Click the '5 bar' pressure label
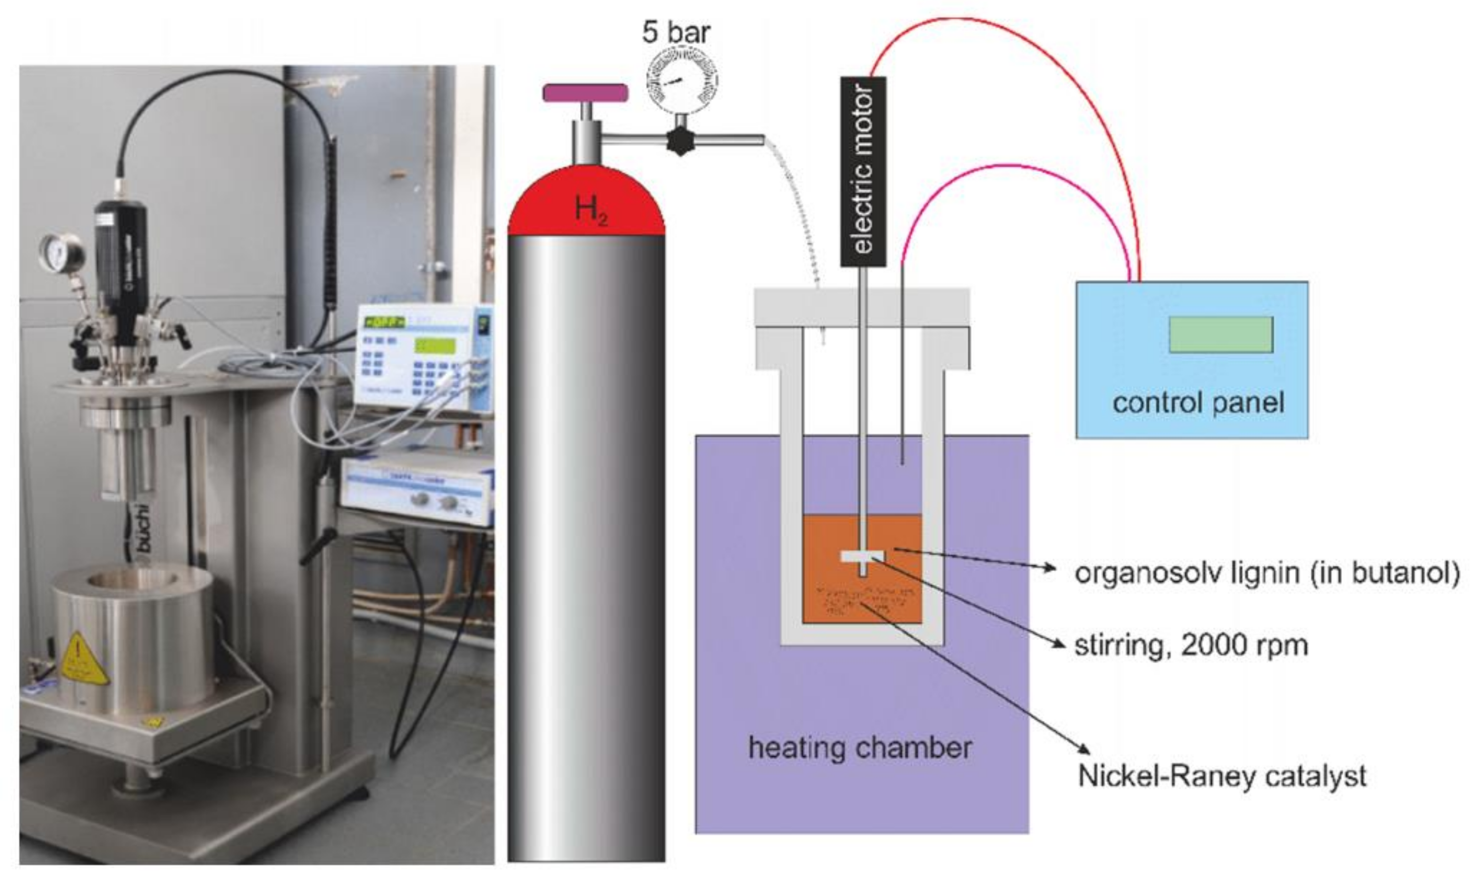tap(676, 33)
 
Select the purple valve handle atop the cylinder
tap(585, 93)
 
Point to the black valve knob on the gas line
tap(680, 141)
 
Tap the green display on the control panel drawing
tap(1220, 334)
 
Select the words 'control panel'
tap(1198, 403)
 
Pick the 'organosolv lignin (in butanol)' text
tap(1266, 574)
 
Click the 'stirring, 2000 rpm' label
tap(1191, 645)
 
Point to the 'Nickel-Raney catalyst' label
tap(1222, 776)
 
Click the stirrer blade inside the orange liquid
tap(862, 556)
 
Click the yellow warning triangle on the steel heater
tap(83, 659)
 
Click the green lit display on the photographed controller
tap(435, 346)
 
